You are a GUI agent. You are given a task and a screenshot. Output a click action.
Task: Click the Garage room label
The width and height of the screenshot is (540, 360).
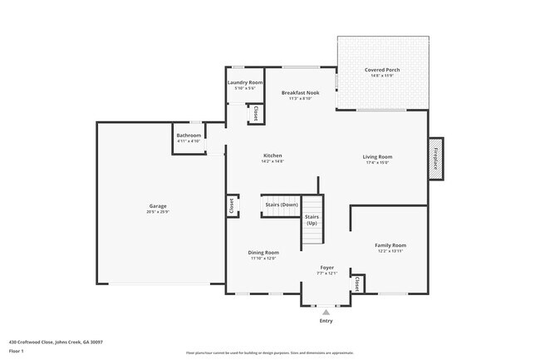coord(159,205)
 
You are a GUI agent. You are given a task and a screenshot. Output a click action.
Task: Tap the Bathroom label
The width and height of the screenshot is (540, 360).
coord(189,136)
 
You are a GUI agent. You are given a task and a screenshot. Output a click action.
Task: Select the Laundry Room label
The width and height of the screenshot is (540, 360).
coord(245,83)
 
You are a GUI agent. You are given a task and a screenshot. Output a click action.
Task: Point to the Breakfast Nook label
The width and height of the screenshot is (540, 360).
coord(300,93)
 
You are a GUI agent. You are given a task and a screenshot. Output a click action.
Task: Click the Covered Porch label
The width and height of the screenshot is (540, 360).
coord(382,70)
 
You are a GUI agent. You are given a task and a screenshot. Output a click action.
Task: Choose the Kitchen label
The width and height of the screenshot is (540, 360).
coord(273,155)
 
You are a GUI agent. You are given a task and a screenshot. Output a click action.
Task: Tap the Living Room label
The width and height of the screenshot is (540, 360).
coord(377,156)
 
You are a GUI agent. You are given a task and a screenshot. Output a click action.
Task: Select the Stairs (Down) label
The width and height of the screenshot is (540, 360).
coord(281,205)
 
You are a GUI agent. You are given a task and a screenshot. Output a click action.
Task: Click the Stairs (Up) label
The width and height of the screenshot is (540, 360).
coord(312,219)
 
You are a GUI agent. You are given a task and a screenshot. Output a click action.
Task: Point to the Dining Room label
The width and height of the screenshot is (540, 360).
coord(263,252)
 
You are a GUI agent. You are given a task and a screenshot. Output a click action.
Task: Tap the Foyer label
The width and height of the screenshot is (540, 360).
coord(327,268)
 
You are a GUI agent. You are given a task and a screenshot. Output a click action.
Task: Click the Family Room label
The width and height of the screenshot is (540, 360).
coord(390,245)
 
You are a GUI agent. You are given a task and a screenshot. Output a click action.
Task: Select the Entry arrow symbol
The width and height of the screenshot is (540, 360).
coord(326,312)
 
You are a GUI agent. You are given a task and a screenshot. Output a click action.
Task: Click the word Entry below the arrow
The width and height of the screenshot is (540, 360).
coord(326,321)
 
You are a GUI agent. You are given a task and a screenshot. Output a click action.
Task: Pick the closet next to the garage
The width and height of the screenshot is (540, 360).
coord(230,205)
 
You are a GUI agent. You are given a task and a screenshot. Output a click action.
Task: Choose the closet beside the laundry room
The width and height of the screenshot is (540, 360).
coord(257,114)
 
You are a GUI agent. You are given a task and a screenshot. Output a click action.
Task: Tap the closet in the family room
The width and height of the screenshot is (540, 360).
coord(357,284)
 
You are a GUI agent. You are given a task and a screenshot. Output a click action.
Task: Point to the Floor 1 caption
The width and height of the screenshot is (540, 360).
coord(17,352)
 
